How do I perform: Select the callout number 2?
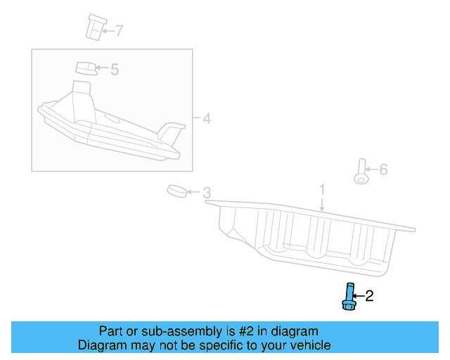click(369, 297)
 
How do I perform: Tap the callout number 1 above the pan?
click(322, 190)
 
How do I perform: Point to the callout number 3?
click(207, 192)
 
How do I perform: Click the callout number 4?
click(207, 118)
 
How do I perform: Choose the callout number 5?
click(115, 69)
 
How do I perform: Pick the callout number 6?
click(383, 169)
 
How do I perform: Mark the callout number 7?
click(119, 30)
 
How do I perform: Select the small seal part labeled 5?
click(85, 67)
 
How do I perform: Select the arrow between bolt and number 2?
click(358, 297)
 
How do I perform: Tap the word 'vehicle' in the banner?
click(309, 345)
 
